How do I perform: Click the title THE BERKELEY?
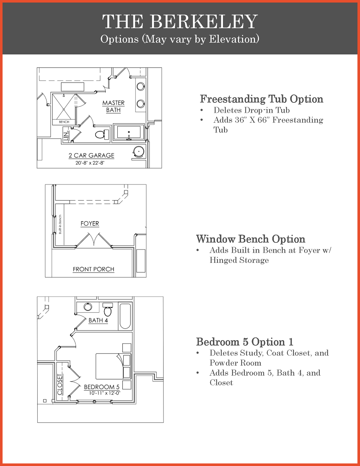coord(180,22)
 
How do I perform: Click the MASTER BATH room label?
coord(113,106)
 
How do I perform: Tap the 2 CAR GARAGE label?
coord(91,155)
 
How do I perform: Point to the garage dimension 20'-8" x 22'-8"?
coord(90,163)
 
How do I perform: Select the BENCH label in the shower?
coord(64,122)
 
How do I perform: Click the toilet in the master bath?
coord(101,134)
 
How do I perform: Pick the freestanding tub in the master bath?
coord(129,132)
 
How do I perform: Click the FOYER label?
coord(90,223)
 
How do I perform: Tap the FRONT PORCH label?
coord(93,269)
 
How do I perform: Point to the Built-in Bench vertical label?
coord(60,224)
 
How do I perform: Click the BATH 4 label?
coord(98,320)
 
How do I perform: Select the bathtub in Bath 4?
coord(125,316)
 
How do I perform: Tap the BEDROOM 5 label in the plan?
coord(101,387)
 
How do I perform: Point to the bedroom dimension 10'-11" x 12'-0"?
coord(104,393)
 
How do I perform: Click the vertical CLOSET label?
coord(60,384)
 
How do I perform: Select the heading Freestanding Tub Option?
coord(261,99)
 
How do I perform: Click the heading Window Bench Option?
coord(250,239)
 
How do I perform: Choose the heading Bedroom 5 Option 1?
coord(244,342)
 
